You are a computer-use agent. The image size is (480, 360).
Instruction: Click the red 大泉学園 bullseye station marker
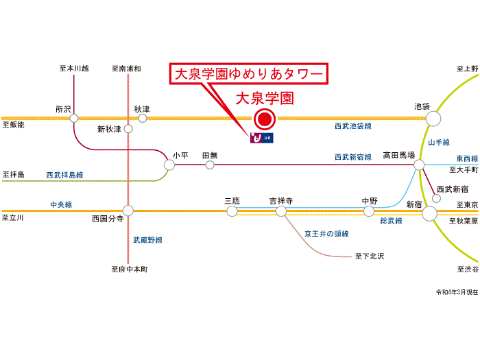click(x=264, y=120)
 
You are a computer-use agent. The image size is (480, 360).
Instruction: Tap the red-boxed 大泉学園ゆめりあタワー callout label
click(x=249, y=73)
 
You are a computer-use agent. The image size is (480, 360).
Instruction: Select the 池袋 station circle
click(x=433, y=119)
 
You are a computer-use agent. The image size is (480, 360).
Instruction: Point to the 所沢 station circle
click(x=74, y=119)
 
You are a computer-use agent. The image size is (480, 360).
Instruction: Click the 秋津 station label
click(x=142, y=109)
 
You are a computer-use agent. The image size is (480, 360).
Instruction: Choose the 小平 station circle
click(x=169, y=165)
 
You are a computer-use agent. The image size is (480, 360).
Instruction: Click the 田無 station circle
click(x=210, y=165)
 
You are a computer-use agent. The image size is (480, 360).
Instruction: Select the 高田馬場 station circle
click(x=418, y=165)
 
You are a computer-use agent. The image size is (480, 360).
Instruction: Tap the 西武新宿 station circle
click(x=435, y=199)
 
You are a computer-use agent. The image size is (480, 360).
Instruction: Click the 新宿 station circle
click(x=430, y=213)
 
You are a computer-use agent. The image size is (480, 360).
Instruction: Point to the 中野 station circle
click(x=369, y=211)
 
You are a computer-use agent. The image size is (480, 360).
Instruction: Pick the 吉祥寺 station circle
click(x=280, y=211)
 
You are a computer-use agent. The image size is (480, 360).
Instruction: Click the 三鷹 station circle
click(x=232, y=211)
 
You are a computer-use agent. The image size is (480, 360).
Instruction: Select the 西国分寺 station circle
click(x=128, y=211)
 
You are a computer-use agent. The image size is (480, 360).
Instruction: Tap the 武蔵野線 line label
click(x=147, y=240)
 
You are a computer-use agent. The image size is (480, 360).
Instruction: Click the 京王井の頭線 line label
click(x=327, y=233)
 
